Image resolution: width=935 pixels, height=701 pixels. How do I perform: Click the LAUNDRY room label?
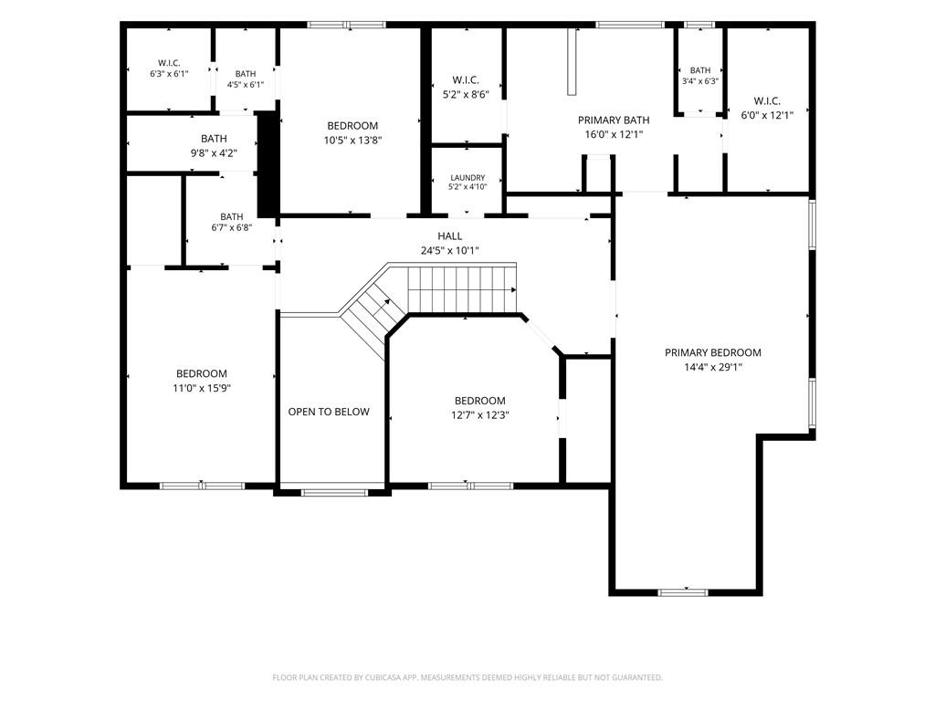coord(467,178)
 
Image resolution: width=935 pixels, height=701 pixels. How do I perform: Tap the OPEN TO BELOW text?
coord(329,412)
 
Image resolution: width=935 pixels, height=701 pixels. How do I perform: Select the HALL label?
coord(449,236)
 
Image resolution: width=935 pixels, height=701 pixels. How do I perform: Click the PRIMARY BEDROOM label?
coord(712,353)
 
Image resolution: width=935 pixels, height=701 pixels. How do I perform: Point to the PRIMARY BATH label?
coord(614,120)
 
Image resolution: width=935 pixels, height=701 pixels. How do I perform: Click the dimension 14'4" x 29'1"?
coord(712,367)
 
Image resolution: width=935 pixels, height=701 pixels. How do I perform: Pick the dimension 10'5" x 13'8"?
coord(352,141)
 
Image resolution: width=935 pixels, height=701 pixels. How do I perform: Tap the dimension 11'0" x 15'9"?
coord(202,389)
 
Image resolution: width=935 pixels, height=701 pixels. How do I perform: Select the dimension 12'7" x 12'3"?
coord(479,415)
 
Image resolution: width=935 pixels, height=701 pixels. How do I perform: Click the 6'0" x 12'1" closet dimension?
coord(767,116)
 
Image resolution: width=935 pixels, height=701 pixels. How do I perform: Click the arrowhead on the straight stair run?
coord(513,289)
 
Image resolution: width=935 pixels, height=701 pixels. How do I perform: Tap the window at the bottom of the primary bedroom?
coord(683,592)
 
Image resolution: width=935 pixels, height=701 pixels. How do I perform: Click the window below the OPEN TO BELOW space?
coord(334,492)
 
